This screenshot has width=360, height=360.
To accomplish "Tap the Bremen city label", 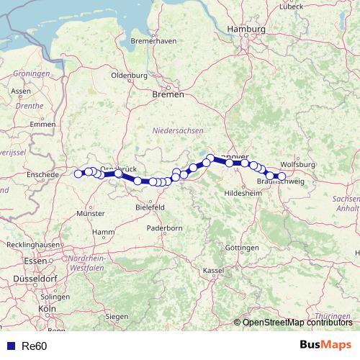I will tap(168, 94).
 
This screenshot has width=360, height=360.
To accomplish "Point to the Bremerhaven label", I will tap(154, 41).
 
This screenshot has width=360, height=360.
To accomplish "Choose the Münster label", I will tap(91, 213).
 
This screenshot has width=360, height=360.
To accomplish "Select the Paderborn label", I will tap(166, 228).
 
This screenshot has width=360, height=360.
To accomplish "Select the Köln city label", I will tap(48, 308).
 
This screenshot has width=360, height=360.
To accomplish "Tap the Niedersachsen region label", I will tap(178, 130).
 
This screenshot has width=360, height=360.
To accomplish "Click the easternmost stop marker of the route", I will tap(282, 176).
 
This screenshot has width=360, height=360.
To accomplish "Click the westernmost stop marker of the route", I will tap(78, 174).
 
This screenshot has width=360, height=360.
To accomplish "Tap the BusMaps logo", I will tap(325, 345).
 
